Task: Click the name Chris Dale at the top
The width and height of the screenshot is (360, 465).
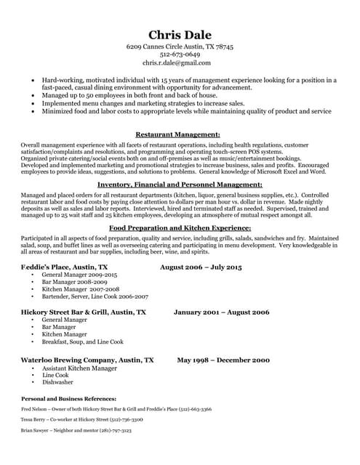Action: click(x=180, y=35)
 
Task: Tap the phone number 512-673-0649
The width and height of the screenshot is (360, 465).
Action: click(x=180, y=54)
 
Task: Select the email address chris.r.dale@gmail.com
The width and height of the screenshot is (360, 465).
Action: click(x=180, y=63)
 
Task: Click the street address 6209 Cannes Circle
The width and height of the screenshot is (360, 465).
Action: click(x=155, y=46)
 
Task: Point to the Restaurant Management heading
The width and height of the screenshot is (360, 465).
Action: click(x=177, y=134)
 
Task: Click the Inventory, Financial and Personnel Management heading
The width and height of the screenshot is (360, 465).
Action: click(x=179, y=186)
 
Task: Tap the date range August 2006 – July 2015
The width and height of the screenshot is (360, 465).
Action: click(x=201, y=268)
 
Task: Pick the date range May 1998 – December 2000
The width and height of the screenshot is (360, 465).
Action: click(x=223, y=360)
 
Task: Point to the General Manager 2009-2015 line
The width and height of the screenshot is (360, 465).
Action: click(x=79, y=276)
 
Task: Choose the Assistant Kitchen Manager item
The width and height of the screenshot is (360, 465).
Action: click(x=79, y=368)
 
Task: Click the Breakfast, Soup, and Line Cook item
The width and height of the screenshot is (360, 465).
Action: click(x=83, y=341)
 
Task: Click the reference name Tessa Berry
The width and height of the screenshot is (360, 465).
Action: click(x=36, y=420)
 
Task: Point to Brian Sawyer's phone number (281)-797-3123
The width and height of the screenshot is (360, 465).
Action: click(x=116, y=431)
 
